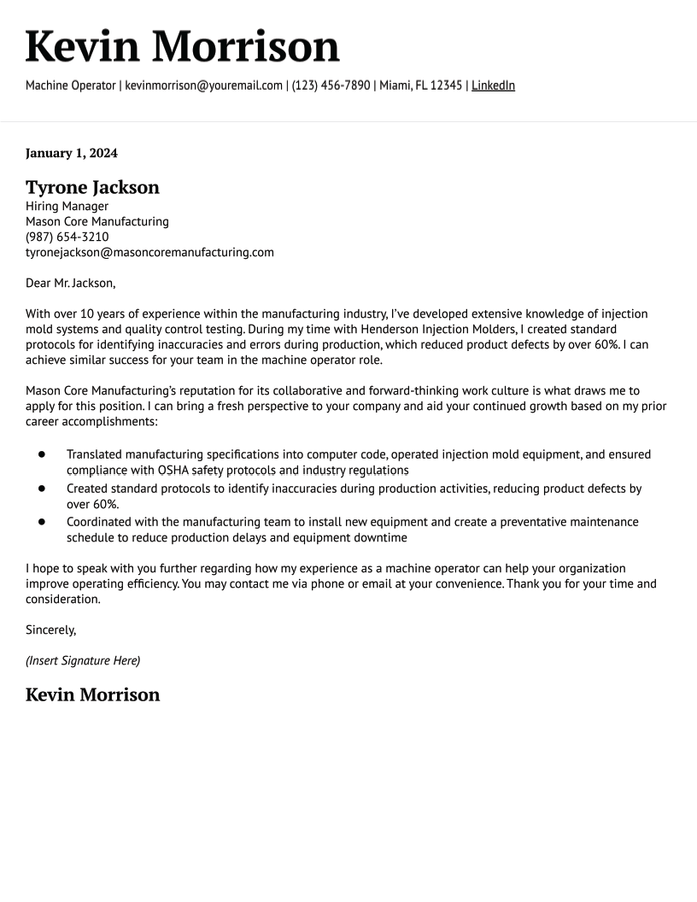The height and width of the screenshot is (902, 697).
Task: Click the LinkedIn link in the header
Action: [x=493, y=85]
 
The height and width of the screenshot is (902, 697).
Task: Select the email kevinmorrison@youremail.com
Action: [x=203, y=85]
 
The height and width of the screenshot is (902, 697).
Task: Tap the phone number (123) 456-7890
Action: [x=331, y=85]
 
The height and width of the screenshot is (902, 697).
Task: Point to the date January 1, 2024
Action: [x=72, y=154]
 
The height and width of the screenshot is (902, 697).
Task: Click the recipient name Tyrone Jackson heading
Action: [x=92, y=187]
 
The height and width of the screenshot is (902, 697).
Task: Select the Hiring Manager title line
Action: [x=67, y=206]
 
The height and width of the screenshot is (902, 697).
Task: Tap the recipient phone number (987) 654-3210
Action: [x=67, y=237]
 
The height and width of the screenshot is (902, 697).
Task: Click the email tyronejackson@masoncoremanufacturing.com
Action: [x=149, y=252]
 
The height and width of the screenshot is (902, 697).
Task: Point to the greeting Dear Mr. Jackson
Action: [x=70, y=283]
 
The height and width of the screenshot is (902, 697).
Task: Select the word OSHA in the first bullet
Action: [x=173, y=471]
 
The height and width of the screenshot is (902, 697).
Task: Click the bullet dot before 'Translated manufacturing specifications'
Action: [x=41, y=454]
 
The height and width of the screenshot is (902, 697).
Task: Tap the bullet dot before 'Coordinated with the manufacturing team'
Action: [x=41, y=522]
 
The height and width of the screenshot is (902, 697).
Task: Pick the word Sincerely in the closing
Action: [x=50, y=630]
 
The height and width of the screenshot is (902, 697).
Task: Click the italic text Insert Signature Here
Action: [x=83, y=660]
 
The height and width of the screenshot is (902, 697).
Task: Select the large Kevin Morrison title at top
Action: [x=182, y=46]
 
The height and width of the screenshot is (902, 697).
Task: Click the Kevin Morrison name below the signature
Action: [x=92, y=694]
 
